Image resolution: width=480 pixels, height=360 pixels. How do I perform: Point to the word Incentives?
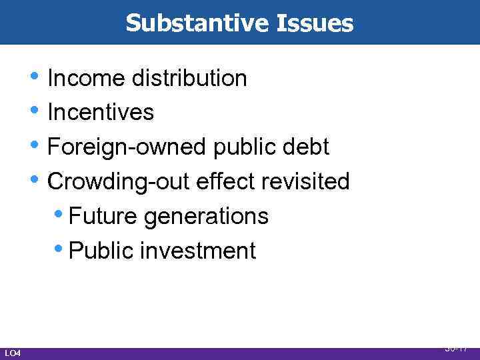[101, 113]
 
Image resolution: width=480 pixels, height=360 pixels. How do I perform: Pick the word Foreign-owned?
[127, 147]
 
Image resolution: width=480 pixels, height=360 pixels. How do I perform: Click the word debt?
[306, 147]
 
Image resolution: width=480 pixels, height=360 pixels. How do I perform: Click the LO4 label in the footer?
[13, 353]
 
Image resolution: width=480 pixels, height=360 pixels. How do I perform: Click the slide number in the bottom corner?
[457, 348]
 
